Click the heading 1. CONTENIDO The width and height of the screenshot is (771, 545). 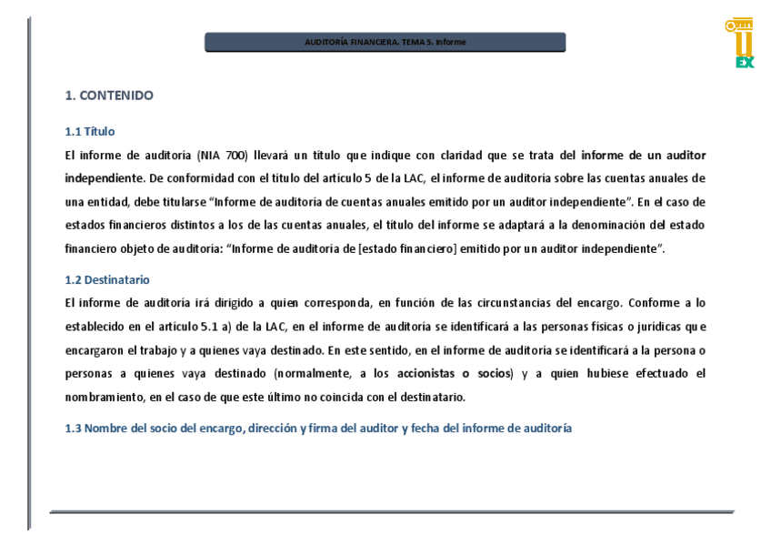click(x=109, y=96)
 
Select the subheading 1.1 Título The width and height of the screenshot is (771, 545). click(x=90, y=132)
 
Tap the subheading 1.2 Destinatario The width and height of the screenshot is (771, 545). click(x=107, y=280)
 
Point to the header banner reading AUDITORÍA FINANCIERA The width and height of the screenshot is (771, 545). click(x=385, y=43)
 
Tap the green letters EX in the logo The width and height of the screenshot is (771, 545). click(x=745, y=63)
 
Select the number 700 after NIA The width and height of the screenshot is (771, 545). click(x=235, y=156)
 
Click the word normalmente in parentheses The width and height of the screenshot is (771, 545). click(x=313, y=374)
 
